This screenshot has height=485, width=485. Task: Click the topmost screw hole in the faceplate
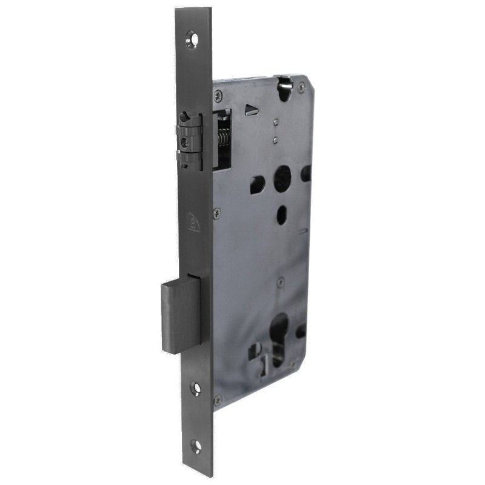coord(194,38)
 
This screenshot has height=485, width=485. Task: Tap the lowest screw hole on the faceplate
coord(197,447)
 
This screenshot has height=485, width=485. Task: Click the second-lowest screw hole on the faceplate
coord(196,388)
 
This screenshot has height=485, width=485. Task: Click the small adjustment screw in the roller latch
coord(184,143)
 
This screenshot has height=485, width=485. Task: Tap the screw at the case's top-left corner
coord(219,95)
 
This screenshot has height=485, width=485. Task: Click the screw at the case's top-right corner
coord(301,88)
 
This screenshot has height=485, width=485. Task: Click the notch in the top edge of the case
coord(283,85)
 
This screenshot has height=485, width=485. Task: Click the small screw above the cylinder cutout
coord(280,282)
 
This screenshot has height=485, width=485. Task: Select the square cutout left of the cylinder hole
coord(256,350)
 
